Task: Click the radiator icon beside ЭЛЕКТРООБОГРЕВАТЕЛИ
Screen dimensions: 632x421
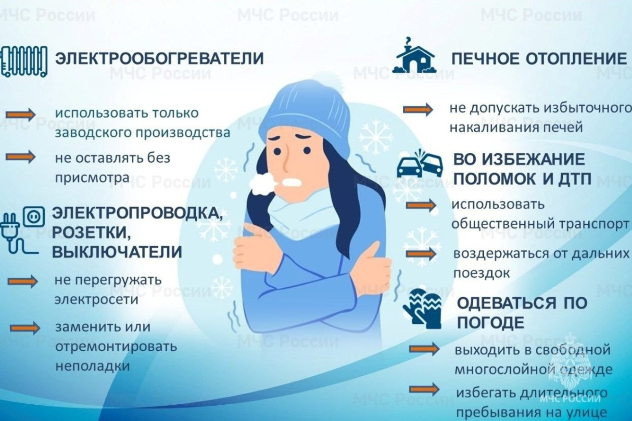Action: [x=24, y=62]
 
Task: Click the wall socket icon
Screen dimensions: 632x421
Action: [x=34, y=216]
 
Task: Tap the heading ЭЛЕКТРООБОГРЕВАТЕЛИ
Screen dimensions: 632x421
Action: [x=159, y=58]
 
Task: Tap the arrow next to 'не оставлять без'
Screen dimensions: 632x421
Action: [x=20, y=157]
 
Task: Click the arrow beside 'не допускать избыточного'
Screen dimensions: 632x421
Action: [x=418, y=109]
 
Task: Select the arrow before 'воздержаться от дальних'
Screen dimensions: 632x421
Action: [x=421, y=254]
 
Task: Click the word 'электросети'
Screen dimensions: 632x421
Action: [x=96, y=299]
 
